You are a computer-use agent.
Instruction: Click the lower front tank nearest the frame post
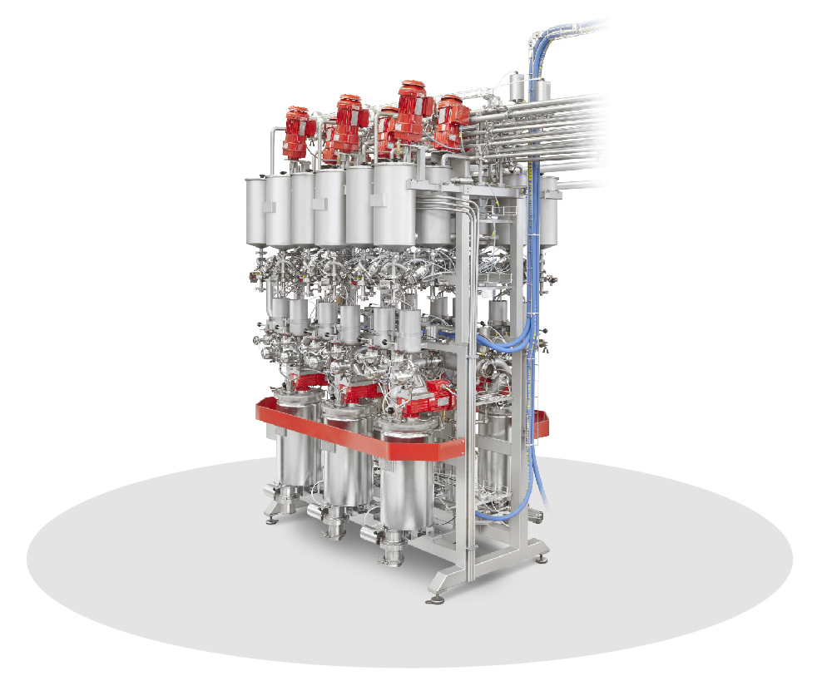coord(406,482)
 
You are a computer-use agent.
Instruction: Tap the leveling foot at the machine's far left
coord(270,520)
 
